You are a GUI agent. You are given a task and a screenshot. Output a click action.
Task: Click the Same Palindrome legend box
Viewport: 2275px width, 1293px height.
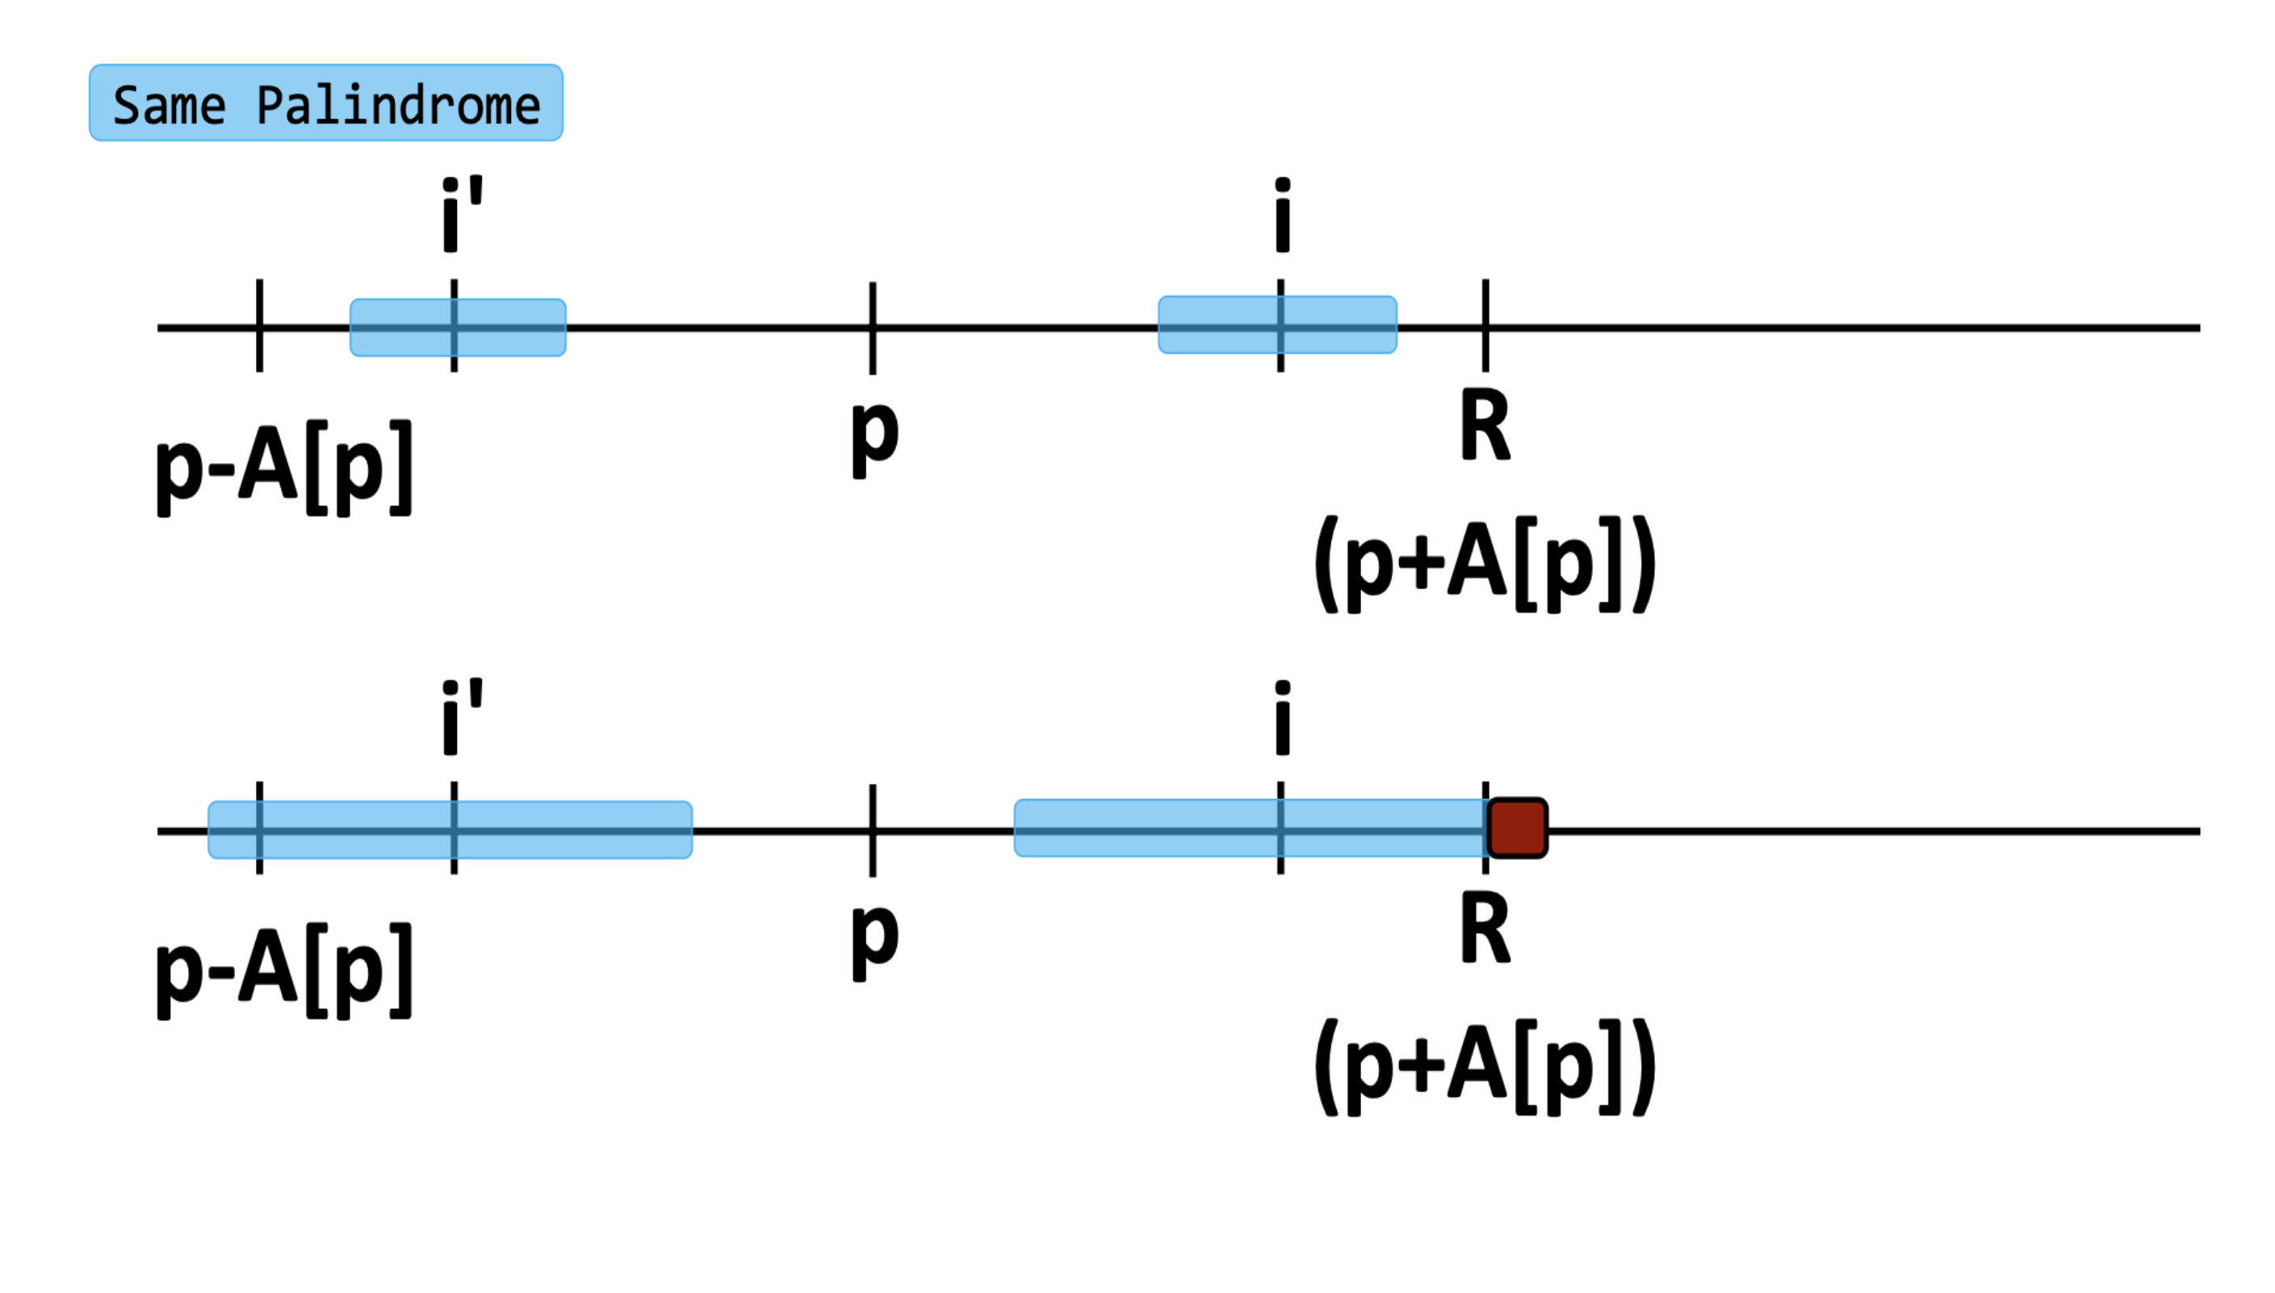pos(325,103)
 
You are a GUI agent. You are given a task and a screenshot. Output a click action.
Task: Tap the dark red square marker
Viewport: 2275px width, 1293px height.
pos(1517,827)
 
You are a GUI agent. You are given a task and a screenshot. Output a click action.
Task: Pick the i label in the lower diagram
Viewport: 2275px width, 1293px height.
pos(1281,717)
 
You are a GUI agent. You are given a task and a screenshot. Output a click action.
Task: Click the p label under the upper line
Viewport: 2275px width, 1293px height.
pos(874,437)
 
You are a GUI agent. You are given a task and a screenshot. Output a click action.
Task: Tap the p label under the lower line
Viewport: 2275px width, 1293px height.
pos(874,940)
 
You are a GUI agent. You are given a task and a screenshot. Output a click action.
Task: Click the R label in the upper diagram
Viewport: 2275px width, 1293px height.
pos(1485,426)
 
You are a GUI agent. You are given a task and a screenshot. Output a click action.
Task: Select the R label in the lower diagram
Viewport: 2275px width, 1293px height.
pos(1485,929)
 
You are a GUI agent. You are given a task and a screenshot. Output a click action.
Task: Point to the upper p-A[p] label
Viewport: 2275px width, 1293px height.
pos(284,468)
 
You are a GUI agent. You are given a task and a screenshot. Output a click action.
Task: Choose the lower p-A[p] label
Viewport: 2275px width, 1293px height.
pos(284,971)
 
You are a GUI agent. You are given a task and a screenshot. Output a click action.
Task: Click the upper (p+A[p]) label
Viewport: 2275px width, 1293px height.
pos(1484,563)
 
